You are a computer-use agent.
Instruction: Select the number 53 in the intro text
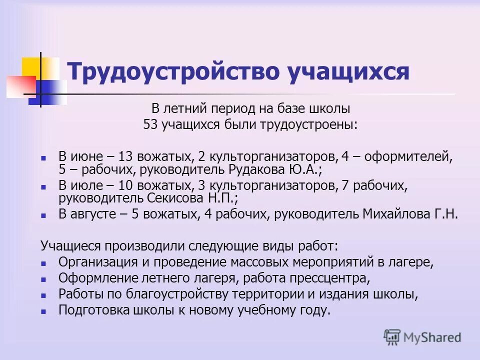click(x=150, y=125)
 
